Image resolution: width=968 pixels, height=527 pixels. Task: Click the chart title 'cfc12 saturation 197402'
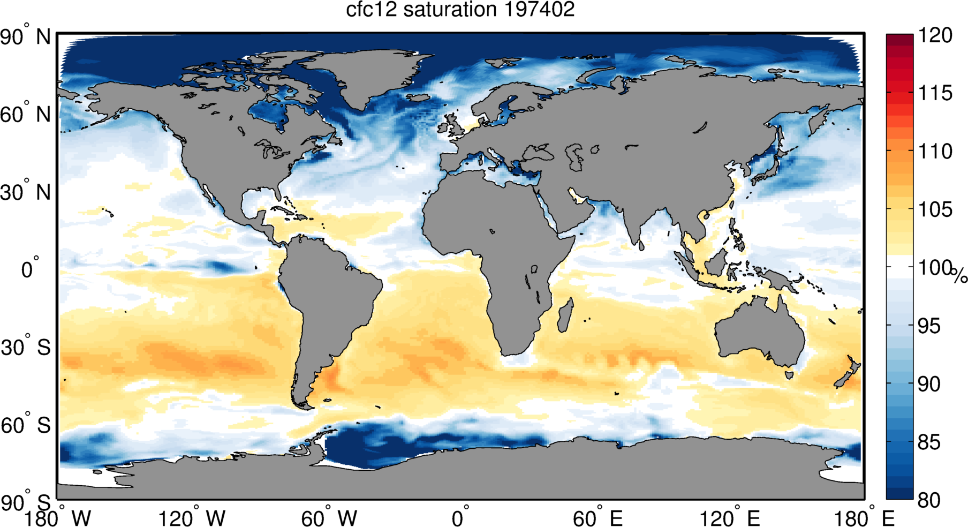click(460, 10)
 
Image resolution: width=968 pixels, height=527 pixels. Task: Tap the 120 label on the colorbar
click(935, 35)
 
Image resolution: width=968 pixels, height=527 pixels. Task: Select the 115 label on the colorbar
click(935, 93)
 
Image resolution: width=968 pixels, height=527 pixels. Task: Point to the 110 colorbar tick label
click(935, 151)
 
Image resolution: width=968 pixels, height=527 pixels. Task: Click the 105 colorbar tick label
click(935, 209)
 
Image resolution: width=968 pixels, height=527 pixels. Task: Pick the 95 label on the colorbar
click(935, 326)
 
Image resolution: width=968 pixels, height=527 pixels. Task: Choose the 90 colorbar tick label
click(935, 383)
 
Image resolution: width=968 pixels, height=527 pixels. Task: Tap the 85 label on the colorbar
click(935, 442)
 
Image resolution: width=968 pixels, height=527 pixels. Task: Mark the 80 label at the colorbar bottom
click(935, 500)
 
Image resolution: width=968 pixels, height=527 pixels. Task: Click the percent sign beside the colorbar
click(959, 275)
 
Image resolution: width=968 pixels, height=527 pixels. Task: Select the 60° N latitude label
click(25, 115)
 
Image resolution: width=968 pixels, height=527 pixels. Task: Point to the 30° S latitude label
click(25, 348)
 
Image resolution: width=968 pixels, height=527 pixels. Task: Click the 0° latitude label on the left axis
click(29, 268)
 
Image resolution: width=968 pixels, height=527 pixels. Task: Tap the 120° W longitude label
click(192, 518)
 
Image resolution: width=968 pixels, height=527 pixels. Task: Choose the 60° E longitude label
click(598, 518)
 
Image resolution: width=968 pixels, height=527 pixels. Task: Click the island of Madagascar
click(565, 316)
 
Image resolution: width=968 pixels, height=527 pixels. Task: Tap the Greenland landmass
click(353, 75)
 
